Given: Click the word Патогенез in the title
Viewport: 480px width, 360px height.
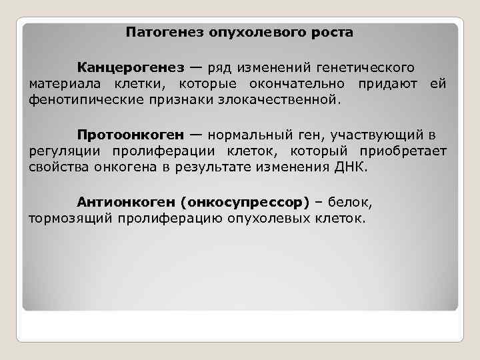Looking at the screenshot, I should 157,31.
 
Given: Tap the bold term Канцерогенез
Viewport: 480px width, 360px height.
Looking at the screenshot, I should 130,67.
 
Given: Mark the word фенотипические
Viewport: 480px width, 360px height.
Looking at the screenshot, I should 81,99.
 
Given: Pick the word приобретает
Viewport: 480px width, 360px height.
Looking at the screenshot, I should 407,152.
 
